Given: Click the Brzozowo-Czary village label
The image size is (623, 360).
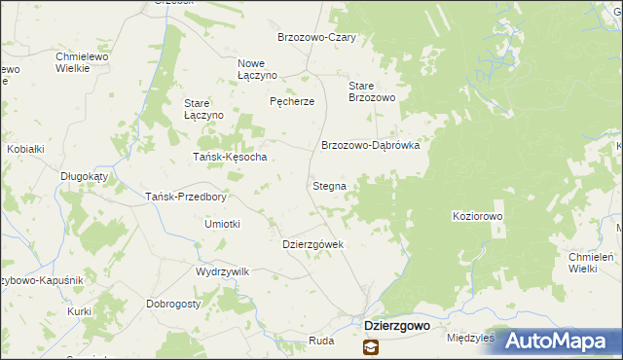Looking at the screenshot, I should point(316,37).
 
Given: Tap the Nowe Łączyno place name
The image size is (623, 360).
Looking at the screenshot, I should point(258,69).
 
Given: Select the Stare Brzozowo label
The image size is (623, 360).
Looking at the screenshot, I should point(371,91).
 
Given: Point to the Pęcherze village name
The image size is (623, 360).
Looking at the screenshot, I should point(292,101).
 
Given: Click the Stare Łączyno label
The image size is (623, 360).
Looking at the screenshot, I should point(204,109).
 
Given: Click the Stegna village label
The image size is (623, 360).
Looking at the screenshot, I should point(329,185).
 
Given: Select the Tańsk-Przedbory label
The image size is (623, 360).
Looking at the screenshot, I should point(185,196).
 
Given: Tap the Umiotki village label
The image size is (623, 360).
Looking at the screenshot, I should point(222,224).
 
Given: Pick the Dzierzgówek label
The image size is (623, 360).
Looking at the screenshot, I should point(312,244).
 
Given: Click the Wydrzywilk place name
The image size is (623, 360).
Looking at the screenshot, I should point(223,271).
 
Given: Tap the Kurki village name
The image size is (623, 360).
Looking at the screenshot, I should point(80,311).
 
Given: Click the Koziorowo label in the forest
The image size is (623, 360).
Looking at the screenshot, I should point(478,216).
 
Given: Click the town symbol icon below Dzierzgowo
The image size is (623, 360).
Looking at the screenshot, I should point(371,346).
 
